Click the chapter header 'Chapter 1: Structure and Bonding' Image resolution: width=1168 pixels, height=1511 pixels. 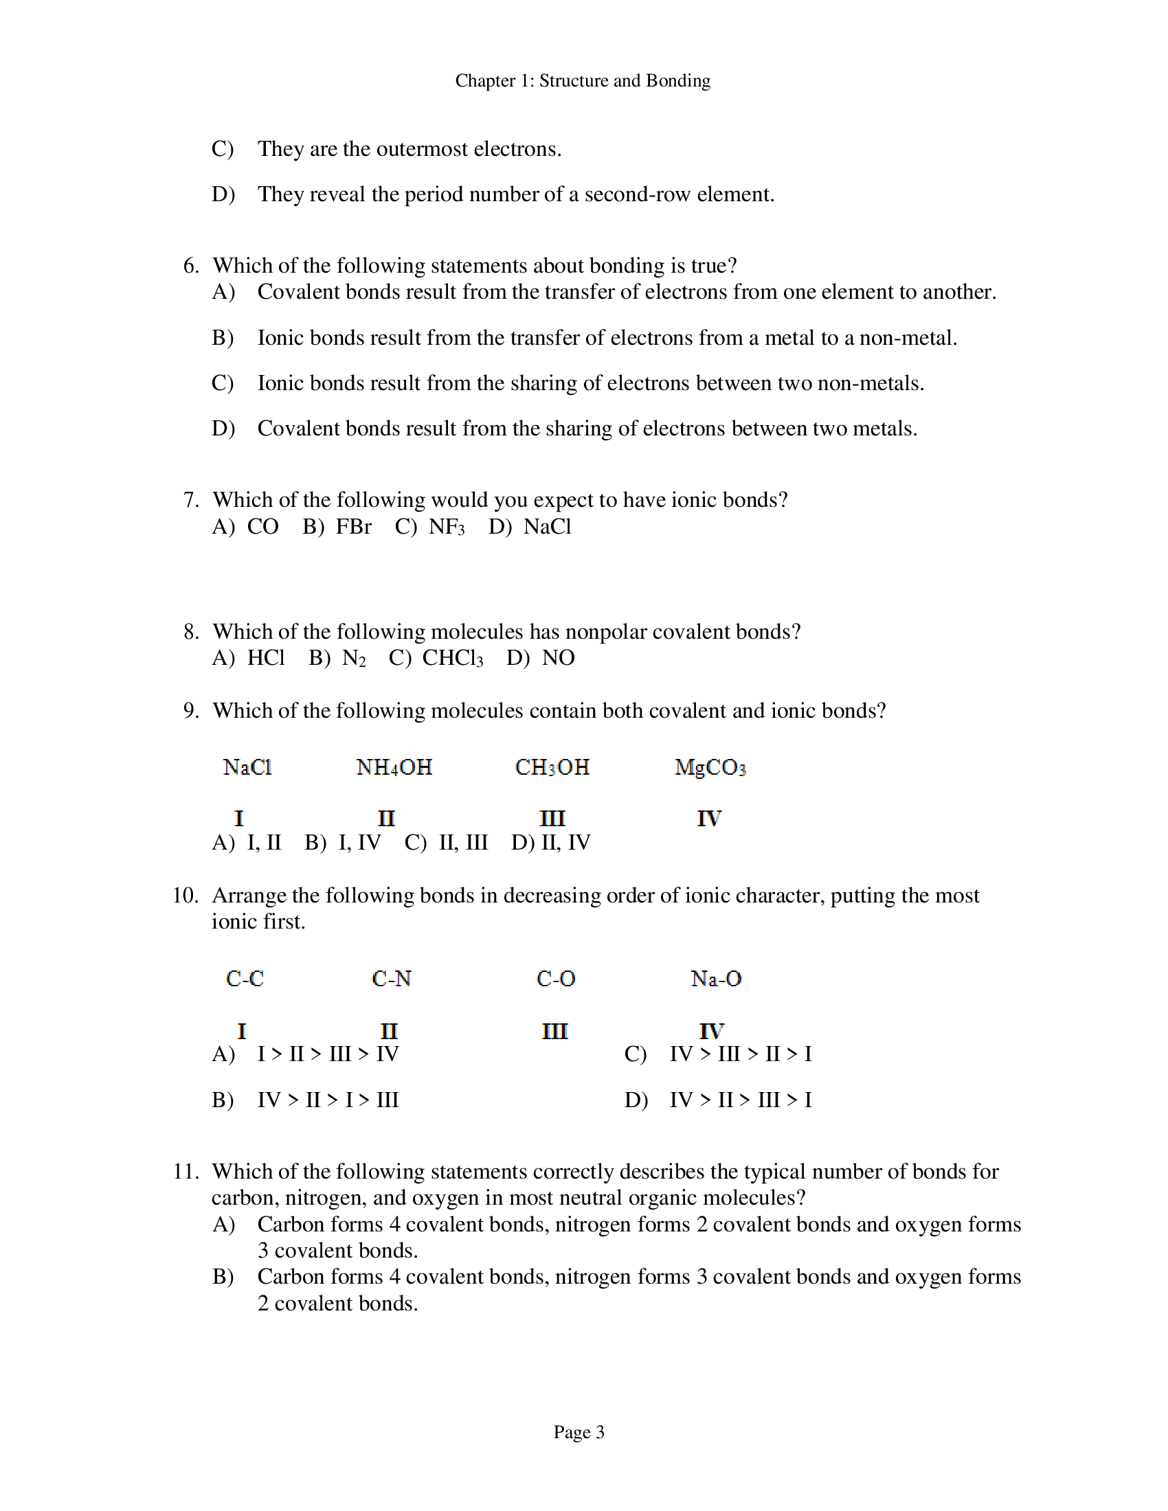[583, 81]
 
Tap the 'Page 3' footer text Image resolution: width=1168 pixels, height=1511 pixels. [579, 1431]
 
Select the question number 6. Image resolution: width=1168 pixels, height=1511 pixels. [191, 266]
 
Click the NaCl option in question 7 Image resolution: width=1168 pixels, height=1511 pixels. [547, 527]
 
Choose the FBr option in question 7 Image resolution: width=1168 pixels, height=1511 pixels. [353, 527]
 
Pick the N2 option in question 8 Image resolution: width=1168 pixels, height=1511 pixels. [354, 658]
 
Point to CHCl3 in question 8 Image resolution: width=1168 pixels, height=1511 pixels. [453, 658]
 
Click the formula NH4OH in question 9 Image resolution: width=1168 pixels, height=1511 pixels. [394, 767]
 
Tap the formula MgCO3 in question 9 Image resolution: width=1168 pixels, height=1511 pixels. [710, 767]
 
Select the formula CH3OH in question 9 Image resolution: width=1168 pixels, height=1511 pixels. [552, 767]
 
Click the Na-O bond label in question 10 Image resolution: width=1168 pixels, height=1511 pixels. [715, 979]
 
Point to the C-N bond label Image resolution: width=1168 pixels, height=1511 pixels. [391, 979]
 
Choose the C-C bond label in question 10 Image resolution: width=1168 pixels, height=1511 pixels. [245, 979]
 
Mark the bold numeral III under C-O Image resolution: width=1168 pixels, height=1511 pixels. [554, 1032]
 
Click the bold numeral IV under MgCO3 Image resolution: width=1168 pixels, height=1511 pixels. [708, 819]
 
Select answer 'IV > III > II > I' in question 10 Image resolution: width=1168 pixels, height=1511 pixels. [741, 1054]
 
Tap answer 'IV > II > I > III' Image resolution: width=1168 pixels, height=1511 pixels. [328, 1100]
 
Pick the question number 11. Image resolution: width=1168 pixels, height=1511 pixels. [186, 1172]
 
